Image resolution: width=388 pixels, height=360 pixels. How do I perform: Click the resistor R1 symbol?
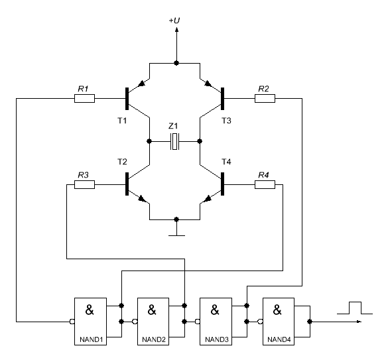point(84,99)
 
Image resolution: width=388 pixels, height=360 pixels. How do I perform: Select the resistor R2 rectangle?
point(265,99)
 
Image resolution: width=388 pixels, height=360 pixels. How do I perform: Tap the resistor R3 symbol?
point(84,184)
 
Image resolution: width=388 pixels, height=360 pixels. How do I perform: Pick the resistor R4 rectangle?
point(265,184)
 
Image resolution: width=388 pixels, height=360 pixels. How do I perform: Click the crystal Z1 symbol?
point(174,141)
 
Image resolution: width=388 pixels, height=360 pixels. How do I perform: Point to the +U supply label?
point(174,21)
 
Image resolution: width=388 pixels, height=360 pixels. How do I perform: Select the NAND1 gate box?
point(91,322)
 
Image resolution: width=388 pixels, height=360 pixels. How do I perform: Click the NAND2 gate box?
point(153,322)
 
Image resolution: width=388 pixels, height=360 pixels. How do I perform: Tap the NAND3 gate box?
point(216,322)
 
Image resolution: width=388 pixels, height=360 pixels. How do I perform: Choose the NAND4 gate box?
point(279,322)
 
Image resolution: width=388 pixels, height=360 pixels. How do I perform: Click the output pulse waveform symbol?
point(355,308)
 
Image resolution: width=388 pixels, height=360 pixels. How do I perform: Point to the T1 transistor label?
point(122,121)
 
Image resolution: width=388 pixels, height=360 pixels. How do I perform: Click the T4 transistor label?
point(226,162)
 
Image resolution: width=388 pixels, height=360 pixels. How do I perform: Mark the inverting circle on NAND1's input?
point(72,322)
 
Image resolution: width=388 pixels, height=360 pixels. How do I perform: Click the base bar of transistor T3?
point(222,99)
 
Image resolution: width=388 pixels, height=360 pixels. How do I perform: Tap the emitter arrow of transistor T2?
point(141,198)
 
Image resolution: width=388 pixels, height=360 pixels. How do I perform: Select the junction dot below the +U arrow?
point(176,63)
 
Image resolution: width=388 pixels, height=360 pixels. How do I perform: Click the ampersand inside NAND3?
point(215,310)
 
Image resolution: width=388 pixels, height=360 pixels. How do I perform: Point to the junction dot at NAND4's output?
point(310,322)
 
